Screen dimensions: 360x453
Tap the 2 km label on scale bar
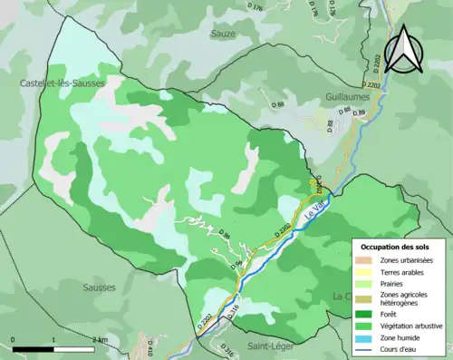[101, 339]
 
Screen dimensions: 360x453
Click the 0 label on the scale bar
[14, 339]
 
